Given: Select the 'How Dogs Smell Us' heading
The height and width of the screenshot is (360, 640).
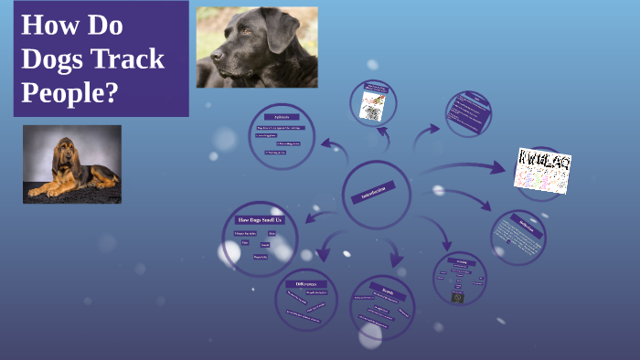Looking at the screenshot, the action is tap(261, 220).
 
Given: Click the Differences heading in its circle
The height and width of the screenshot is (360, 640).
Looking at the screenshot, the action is tap(305, 285).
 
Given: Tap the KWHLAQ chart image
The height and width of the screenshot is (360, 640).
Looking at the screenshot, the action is tap(543, 170).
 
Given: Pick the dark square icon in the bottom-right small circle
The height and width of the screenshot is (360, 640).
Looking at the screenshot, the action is tap(458, 297).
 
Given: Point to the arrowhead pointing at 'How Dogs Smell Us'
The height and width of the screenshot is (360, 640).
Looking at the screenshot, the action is tap(308, 218).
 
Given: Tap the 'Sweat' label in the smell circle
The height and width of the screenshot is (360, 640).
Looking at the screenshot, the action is tap(265, 245).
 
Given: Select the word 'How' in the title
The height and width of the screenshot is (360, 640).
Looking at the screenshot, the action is tap(49, 25).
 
